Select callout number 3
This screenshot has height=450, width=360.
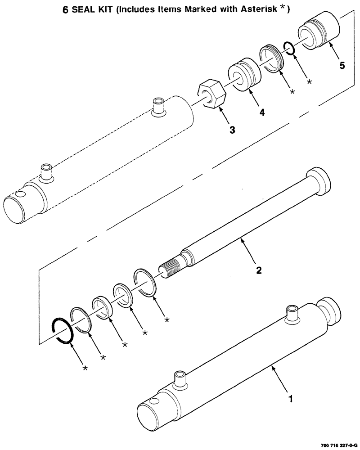[232, 130]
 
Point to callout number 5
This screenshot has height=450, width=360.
[342, 66]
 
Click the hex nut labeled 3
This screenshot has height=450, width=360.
[212, 93]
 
